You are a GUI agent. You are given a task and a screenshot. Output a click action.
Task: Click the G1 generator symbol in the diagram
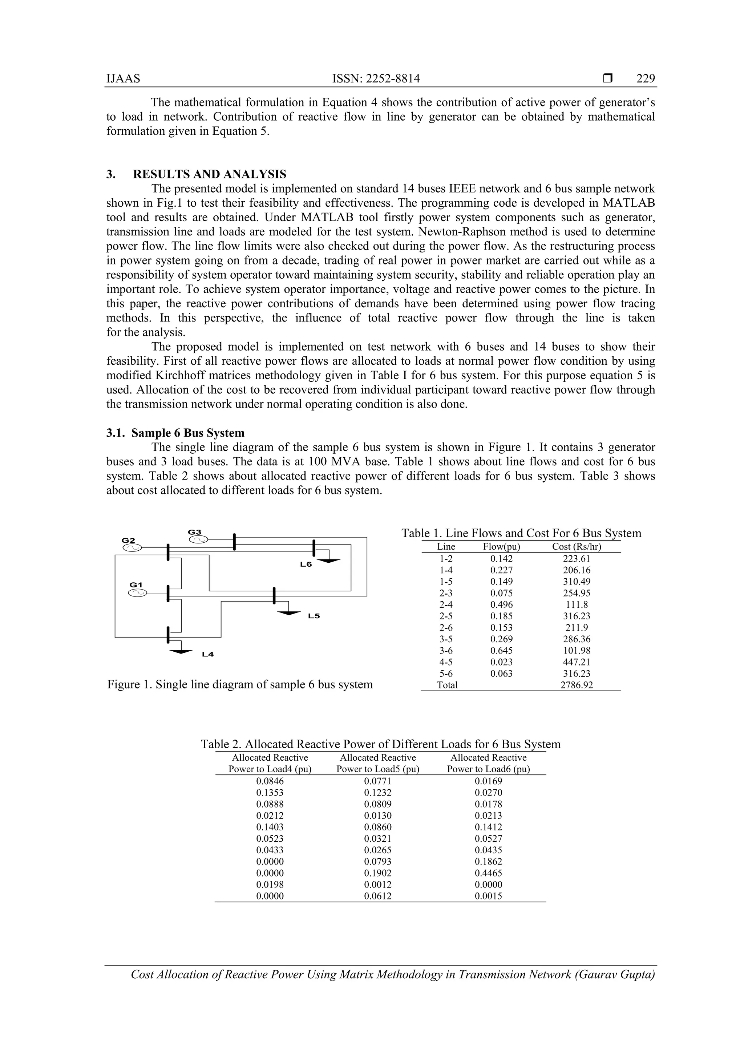pyautogui.click(x=137, y=593)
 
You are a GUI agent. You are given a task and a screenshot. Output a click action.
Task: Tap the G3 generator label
pyautogui.click(x=195, y=532)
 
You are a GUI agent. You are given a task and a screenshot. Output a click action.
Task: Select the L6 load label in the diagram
pyautogui.click(x=306, y=565)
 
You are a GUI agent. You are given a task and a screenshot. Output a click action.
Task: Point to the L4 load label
pyautogui.click(x=208, y=654)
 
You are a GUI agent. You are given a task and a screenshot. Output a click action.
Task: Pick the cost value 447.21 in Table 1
pyautogui.click(x=576, y=662)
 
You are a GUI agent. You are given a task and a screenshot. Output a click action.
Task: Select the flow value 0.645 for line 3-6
pyautogui.click(x=502, y=651)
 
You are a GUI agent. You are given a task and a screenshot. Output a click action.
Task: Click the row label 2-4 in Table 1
pyautogui.click(x=446, y=605)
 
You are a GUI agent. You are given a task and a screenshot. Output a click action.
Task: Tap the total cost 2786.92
pyautogui.click(x=576, y=685)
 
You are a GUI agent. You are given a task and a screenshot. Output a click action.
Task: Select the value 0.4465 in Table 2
pyautogui.click(x=488, y=873)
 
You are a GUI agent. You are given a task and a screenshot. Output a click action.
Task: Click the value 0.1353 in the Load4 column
pyautogui.click(x=270, y=793)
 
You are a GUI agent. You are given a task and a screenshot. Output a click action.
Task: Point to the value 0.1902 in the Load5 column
pyautogui.click(x=378, y=873)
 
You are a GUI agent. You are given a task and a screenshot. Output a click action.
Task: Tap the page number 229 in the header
pyautogui.click(x=646, y=79)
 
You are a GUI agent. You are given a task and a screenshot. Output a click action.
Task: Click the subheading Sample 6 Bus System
pyautogui.click(x=188, y=433)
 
